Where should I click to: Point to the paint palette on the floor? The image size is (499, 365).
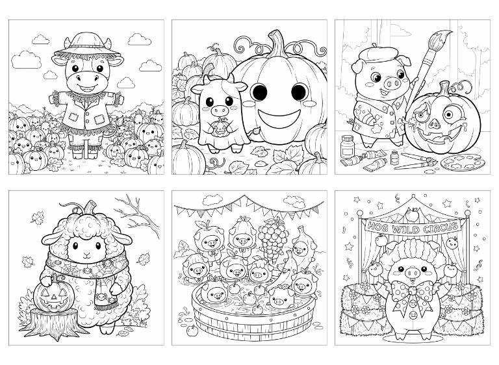point(463,162)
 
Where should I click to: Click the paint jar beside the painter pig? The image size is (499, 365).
point(348,147)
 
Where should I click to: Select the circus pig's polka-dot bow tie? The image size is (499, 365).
point(413,294)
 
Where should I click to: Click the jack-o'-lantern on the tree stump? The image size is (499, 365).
point(54,297)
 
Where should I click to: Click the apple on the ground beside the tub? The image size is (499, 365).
point(192,330)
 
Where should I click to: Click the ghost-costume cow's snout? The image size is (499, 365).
point(220,111)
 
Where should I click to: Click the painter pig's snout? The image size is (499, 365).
point(391,84)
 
